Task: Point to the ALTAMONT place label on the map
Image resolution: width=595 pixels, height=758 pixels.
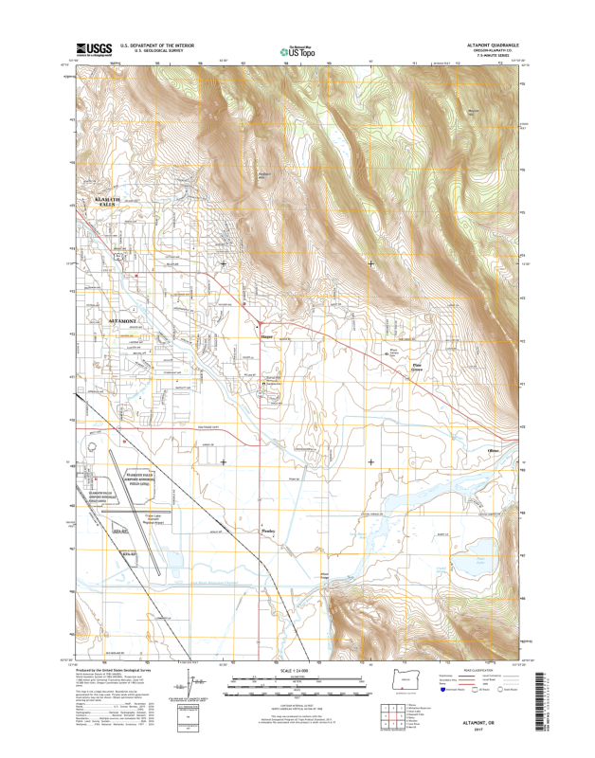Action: (x=124, y=322)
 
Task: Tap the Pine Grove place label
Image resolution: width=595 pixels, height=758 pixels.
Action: (x=417, y=365)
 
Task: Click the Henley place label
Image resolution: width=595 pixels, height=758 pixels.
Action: (x=266, y=532)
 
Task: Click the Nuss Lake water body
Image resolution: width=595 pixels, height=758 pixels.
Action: (x=480, y=561)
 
